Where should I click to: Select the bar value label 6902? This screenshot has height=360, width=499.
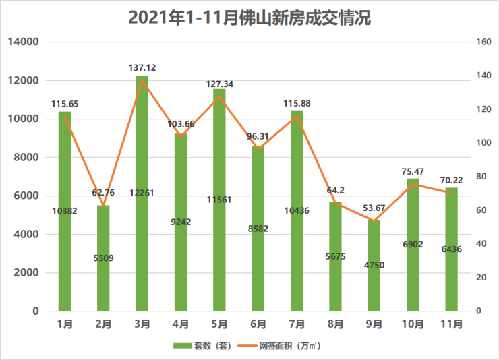[413, 244]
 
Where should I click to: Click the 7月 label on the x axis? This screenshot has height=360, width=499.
[297, 324]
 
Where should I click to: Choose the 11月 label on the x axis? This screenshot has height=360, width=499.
[452, 324]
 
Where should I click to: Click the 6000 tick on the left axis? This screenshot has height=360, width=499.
[26, 196]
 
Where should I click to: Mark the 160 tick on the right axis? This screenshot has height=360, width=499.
[482, 42]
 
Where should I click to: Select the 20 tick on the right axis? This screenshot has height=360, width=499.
[479, 278]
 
